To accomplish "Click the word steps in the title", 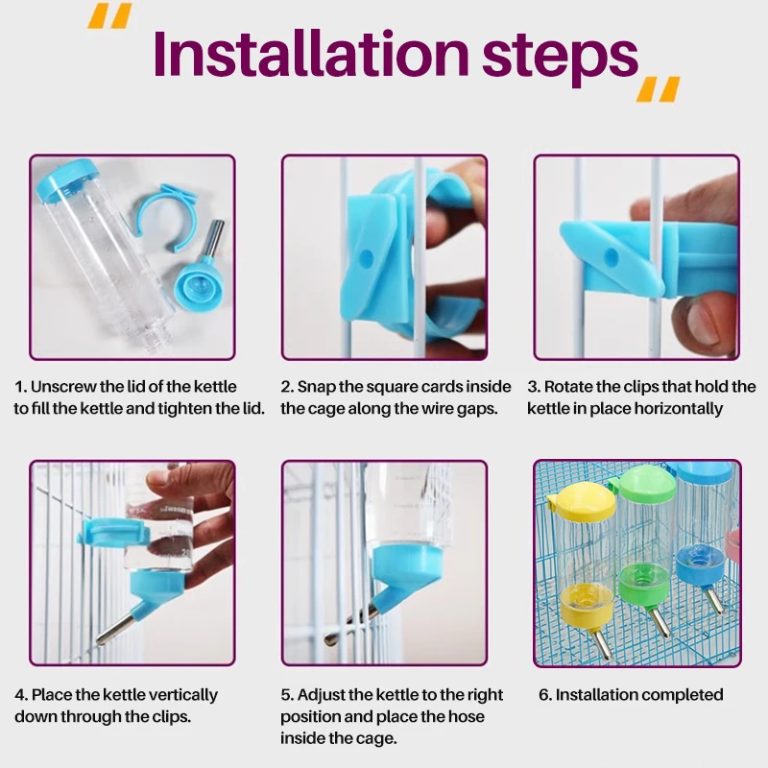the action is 560,58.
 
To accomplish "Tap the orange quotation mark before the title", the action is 109,15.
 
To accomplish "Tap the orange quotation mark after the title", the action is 658,89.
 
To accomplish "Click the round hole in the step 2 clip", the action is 366,256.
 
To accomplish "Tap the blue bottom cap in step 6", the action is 701,567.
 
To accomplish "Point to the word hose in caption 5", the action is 466,716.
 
